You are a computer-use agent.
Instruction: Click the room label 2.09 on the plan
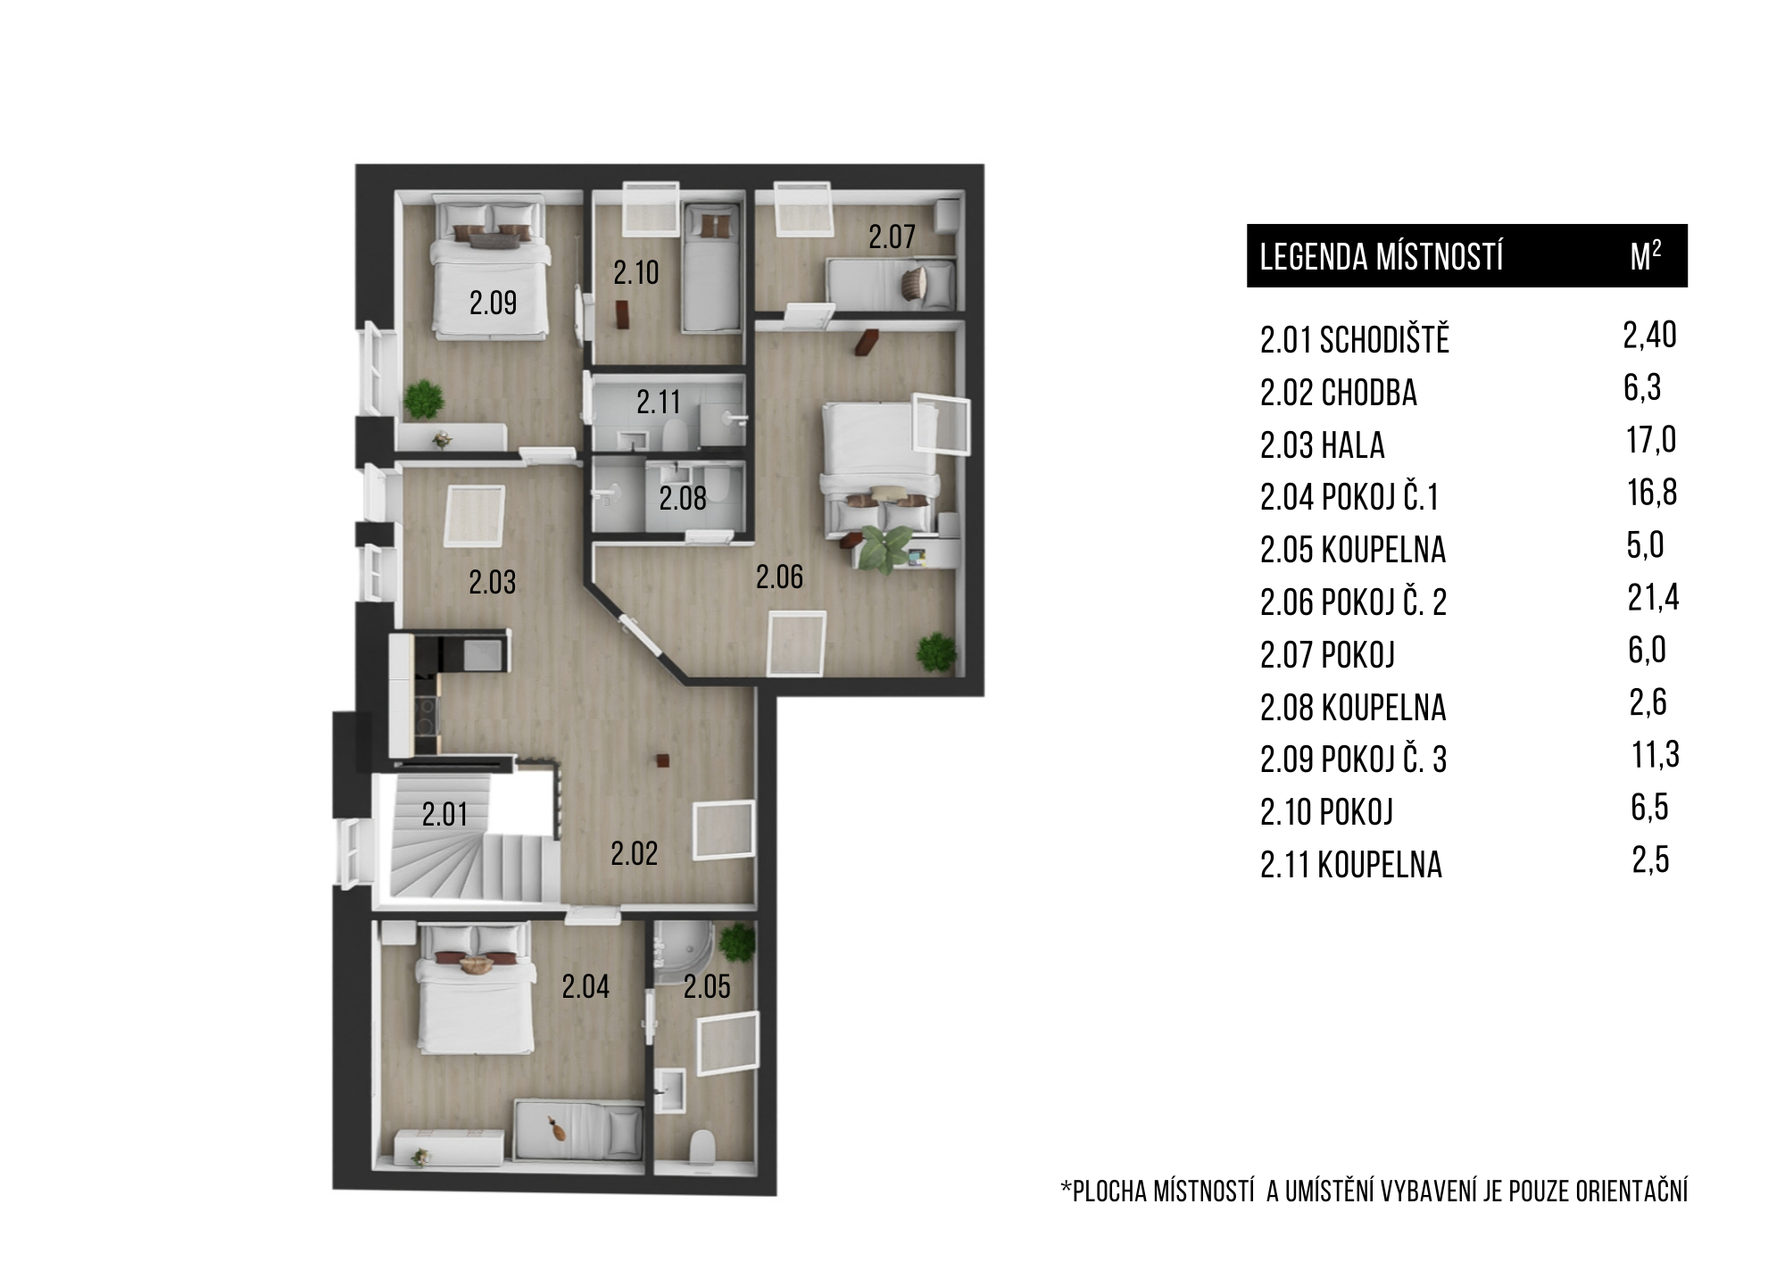493,303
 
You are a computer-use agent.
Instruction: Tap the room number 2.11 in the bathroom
659,403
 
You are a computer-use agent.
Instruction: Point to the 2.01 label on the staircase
444,815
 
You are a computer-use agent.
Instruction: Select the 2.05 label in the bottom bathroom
707,986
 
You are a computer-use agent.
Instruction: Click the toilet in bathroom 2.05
703,1149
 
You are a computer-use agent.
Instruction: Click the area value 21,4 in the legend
1653,598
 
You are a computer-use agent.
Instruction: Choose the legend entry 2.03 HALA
1323,445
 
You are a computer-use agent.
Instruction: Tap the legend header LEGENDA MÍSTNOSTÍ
1382,257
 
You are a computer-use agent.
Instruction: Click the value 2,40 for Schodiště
1650,336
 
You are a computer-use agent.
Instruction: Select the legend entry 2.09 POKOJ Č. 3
1353,760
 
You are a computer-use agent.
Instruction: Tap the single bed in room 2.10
711,267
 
